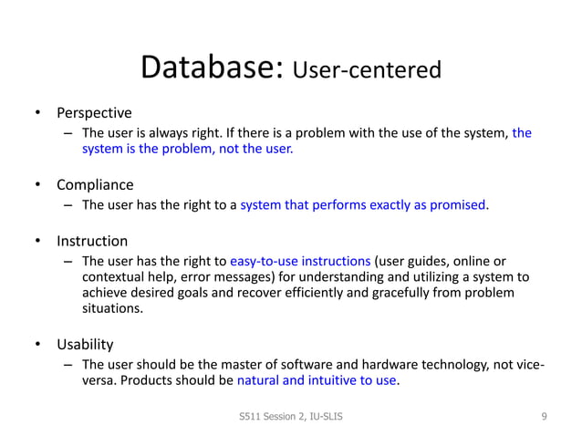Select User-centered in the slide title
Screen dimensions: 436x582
coord(367,71)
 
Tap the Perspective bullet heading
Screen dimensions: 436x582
coord(94,114)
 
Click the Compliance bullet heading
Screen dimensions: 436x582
coord(95,185)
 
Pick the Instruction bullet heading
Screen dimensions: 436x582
coord(92,242)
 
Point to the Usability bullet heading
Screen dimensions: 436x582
coord(85,345)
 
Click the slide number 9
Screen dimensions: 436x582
coord(544,417)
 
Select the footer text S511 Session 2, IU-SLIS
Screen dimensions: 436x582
coord(290,417)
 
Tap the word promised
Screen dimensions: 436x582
coord(458,204)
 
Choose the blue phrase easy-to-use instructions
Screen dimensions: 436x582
coord(300,261)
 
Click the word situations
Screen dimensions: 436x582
coord(112,309)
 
